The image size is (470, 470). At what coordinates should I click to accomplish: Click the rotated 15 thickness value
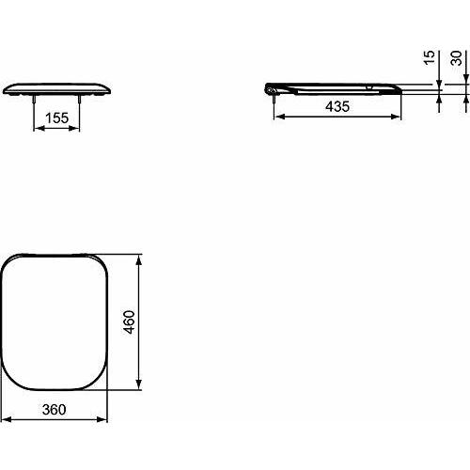click(x=429, y=59)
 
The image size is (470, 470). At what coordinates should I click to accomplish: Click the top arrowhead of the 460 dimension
click(x=141, y=256)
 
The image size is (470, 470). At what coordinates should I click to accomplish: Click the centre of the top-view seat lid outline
click(x=56, y=321)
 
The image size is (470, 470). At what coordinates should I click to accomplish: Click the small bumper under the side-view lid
click(x=371, y=90)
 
